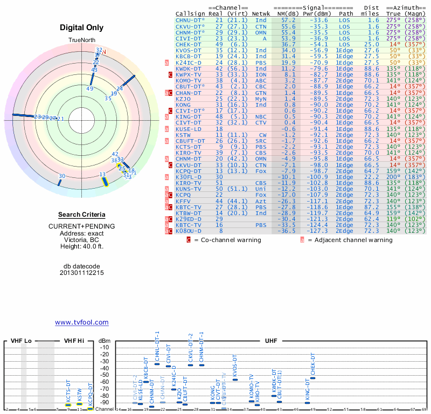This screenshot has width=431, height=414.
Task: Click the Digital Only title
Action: [x=82, y=27]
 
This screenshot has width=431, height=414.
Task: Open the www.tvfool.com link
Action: [x=82, y=322]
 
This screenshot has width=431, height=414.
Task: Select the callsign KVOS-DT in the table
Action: [x=189, y=50]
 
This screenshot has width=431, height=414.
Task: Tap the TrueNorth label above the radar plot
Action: [x=82, y=40]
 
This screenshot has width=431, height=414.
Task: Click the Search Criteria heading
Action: [x=82, y=215]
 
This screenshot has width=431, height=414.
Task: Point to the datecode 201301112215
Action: [x=82, y=273]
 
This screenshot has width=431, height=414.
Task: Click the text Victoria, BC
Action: [x=82, y=240]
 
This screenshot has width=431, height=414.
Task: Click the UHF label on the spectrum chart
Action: [x=272, y=341]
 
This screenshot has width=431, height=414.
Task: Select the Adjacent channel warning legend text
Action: [x=350, y=240]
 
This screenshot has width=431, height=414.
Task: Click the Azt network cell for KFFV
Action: [x=261, y=201]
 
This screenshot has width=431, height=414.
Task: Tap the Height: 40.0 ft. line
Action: [x=82, y=246]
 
